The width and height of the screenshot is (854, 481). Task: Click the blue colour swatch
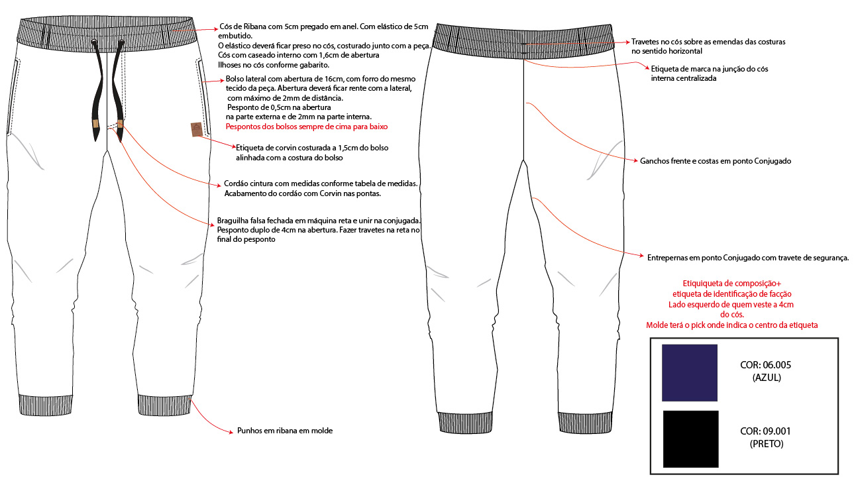point(690,372)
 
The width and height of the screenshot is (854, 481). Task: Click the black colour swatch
point(690,439)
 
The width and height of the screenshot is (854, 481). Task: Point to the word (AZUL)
point(767,378)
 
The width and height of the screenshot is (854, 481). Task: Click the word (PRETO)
point(767,443)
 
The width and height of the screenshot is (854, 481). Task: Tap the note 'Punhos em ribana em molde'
point(285,431)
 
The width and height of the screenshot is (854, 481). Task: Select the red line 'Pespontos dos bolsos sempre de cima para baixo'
point(306,126)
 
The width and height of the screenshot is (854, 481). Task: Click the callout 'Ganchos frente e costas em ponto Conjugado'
point(716,161)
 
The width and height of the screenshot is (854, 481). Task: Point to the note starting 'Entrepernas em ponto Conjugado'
point(748,257)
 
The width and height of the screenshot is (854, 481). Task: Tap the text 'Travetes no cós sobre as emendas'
point(708,41)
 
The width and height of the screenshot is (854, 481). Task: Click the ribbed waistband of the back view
point(523,40)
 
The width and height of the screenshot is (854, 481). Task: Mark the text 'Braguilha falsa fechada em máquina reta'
point(319,221)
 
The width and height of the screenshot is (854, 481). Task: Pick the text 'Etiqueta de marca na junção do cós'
point(710,69)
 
